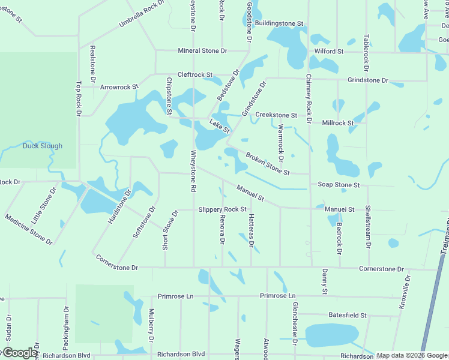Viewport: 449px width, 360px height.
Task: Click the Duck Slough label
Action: tap(42, 146)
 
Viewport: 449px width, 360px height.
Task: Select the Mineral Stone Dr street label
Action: tap(202, 51)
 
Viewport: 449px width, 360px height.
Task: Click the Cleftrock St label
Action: tap(190, 75)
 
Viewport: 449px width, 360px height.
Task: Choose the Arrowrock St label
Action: tap(119, 87)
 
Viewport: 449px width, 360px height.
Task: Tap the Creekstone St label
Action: tap(276, 115)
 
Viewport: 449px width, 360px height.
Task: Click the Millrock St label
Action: tap(338, 123)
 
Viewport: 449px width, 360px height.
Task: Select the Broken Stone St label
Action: tap(268, 164)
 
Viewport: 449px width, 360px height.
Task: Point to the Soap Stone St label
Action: tap(339, 185)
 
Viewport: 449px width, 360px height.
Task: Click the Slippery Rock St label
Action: tap(222, 209)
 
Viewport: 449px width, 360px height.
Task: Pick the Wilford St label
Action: tap(328, 52)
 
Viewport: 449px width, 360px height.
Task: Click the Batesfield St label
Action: tap(348, 315)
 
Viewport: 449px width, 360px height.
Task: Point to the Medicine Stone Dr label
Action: tap(28, 228)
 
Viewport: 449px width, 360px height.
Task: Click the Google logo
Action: tap(19, 353)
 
